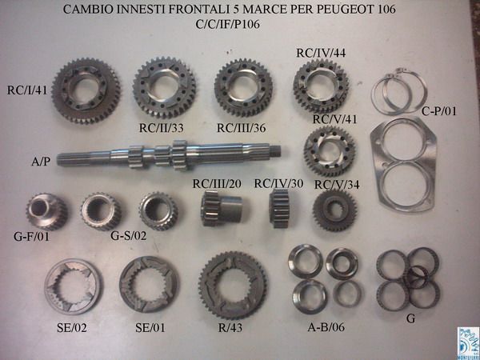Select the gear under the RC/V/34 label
(329, 212)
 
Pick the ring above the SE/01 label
(145, 286)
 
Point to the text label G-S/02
(130, 236)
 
